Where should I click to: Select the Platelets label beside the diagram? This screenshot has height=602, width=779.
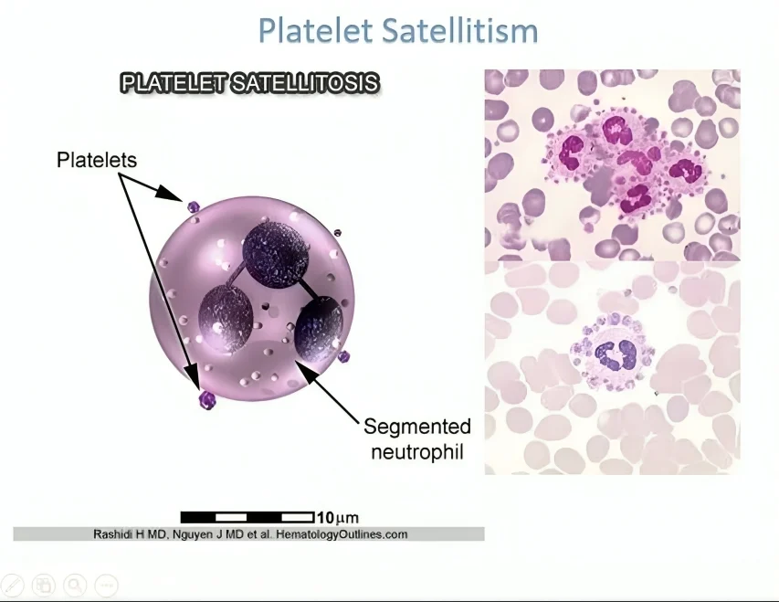pos(97,160)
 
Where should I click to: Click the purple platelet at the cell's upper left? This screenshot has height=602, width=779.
pos(193,207)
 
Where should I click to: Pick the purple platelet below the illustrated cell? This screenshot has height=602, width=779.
pos(207,400)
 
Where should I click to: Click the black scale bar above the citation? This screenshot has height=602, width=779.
pos(247,517)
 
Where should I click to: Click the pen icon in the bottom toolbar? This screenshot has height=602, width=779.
pos(13,585)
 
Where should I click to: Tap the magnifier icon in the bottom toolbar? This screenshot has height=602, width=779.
pos(75,585)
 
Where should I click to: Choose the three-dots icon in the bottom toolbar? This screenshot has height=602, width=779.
pos(106,585)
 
